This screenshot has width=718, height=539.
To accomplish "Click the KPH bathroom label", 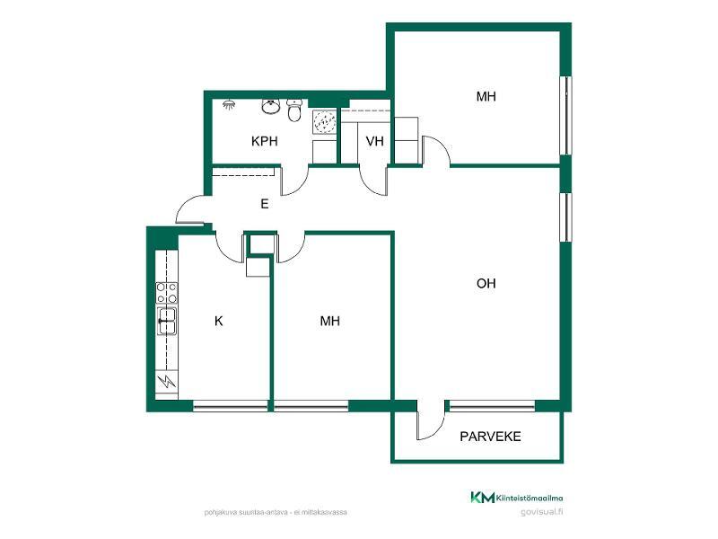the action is pos(265,141).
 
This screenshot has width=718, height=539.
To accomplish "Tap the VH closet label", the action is pos(374,141).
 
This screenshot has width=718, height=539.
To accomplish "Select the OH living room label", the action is pos(486,283).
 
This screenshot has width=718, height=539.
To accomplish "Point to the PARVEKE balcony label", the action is pos(490,437).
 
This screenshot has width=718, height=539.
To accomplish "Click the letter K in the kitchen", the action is pos(218,321).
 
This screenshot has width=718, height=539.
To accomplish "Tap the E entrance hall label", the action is pos(264,204).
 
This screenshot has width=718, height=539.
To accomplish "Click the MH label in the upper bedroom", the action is pos(486,96).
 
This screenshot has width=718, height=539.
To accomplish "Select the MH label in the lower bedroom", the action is pos(329,321).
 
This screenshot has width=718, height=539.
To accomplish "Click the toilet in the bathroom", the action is pos(294,110).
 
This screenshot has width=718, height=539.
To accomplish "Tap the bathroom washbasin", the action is pos(271,106).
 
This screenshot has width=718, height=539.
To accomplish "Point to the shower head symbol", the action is pos(229,104).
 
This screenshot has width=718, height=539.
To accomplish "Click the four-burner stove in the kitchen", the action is pos(167,293).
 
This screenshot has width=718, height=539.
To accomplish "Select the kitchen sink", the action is pos(167,321).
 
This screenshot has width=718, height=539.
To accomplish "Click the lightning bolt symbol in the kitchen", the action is pos(167,381).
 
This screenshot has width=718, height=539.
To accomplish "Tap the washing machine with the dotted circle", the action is pos(325,122).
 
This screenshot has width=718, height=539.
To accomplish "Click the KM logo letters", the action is pos(483,498).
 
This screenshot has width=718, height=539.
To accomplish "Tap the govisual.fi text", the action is pos(542,512).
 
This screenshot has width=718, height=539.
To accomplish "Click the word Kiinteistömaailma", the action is pos(530,499).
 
